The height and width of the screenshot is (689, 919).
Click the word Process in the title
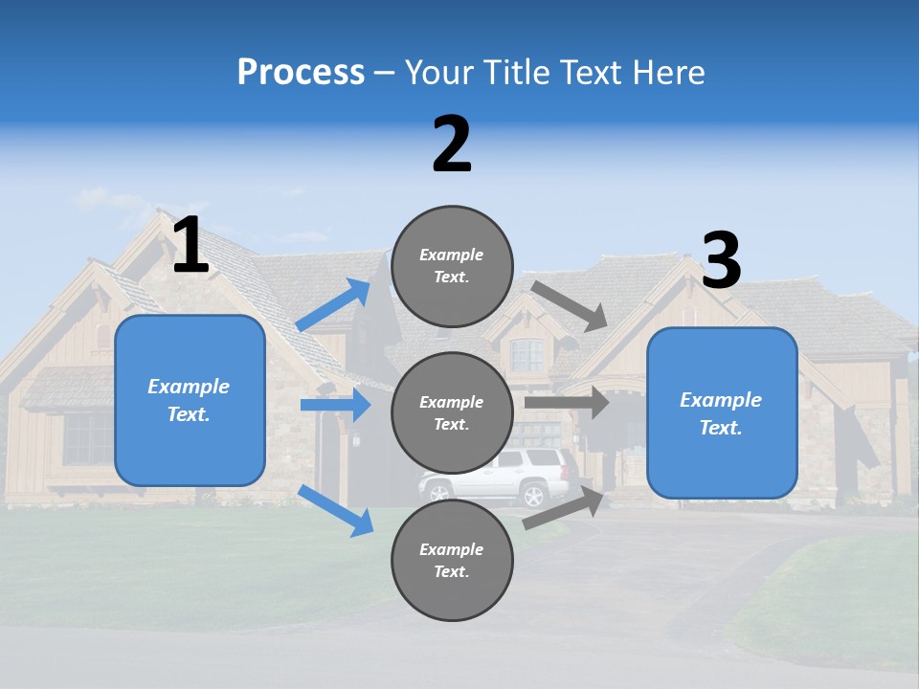click(301, 72)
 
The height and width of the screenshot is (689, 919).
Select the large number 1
click(191, 246)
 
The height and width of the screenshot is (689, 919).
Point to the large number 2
click(452, 144)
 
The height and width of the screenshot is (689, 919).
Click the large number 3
click(721, 260)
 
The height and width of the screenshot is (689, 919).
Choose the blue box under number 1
click(190, 400)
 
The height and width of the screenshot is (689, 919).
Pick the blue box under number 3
click(722, 413)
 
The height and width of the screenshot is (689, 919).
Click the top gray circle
click(452, 266)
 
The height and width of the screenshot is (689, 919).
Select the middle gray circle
click(452, 412)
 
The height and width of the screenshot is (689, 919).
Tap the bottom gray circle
click(452, 560)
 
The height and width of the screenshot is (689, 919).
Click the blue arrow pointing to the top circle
click(333, 305)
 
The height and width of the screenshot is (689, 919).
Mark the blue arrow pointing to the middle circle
click(335, 405)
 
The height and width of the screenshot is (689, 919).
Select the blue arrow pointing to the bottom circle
click(336, 509)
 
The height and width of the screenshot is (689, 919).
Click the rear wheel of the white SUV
click(531, 495)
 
